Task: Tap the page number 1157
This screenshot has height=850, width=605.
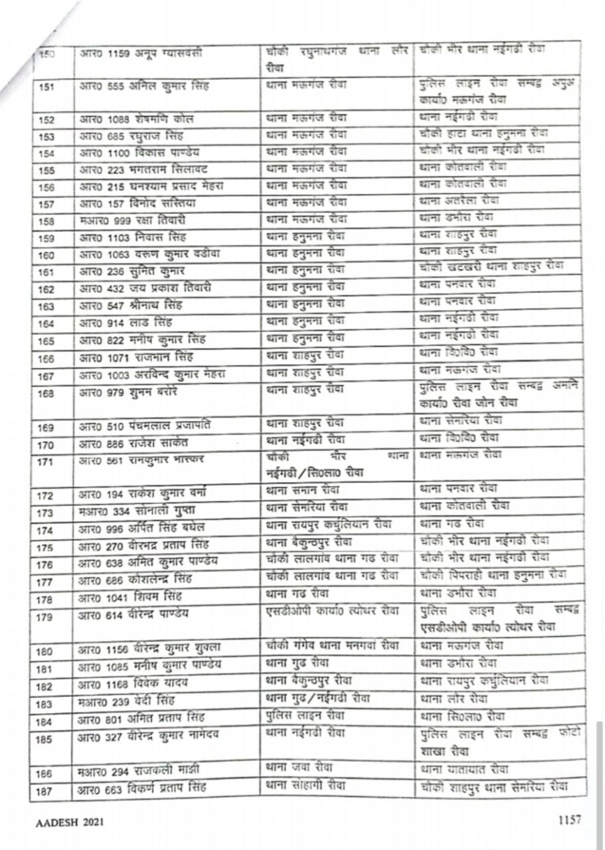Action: click(569, 819)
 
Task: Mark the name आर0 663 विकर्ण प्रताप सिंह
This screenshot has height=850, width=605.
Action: click(143, 789)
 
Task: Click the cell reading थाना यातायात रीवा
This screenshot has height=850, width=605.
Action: click(464, 770)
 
